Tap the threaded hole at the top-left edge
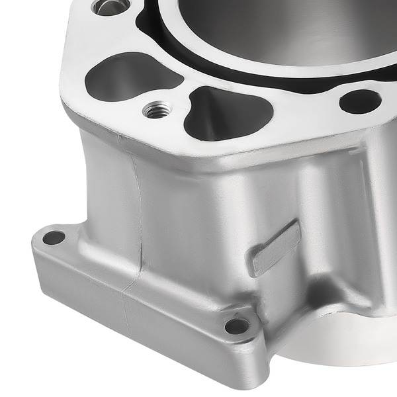[x=110, y=7]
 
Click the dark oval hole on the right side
[x=361, y=101]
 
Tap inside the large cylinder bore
[x=278, y=26]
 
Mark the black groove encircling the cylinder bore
[x=198, y=56]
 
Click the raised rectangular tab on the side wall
[x=275, y=248]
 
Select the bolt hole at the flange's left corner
[x=54, y=237]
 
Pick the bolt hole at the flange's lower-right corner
[x=237, y=326]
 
